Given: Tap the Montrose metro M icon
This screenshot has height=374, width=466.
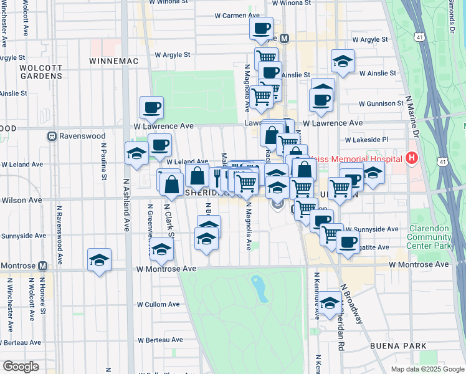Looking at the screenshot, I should tap(42, 266).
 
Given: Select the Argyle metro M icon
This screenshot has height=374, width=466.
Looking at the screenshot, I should tap(285, 39).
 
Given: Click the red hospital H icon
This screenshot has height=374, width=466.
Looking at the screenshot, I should tap(411, 158).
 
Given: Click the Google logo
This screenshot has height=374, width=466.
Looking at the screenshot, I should tap(21, 367).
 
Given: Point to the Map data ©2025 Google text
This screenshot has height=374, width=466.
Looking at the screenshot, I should tap(427, 369).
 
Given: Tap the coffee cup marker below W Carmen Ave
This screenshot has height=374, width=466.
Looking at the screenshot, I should tap(262, 27).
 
